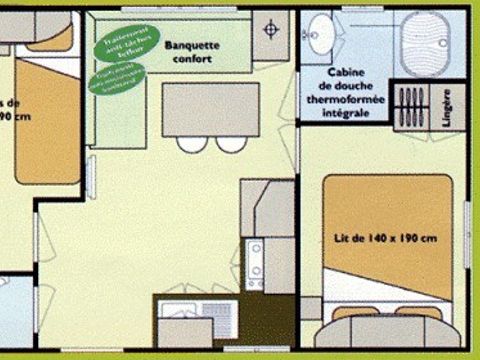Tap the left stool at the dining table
tap(191, 142)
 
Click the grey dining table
tap(206, 107)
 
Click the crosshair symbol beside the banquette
tap(269, 30)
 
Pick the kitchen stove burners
tap(255, 258)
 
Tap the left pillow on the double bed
tap(356, 314)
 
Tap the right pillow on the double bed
tap(418, 314)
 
